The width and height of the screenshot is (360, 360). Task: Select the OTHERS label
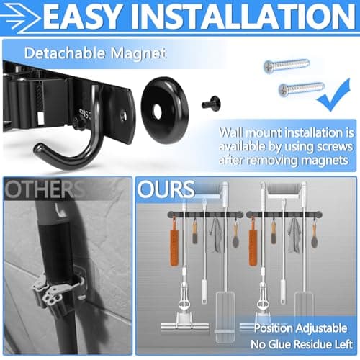pyautogui.click(x=42, y=189)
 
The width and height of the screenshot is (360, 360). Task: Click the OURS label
pyautogui.click(x=168, y=189)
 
